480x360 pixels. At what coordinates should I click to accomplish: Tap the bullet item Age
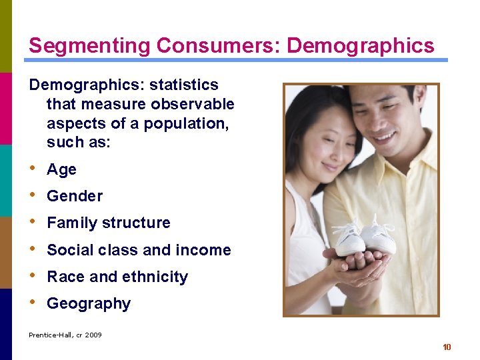point(61,170)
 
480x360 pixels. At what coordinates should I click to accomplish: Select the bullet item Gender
point(75,197)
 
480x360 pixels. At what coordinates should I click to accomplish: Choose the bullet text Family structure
point(109,223)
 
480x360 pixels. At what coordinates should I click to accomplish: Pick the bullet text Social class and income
point(139,251)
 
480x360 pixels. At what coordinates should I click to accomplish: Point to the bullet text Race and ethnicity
point(117,277)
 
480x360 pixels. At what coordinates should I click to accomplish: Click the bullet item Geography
point(89,304)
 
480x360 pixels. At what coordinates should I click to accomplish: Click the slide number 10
point(447,347)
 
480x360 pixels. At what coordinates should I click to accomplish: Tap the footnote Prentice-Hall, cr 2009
point(65,335)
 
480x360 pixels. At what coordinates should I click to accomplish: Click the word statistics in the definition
point(184,85)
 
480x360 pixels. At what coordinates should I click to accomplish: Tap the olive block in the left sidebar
point(6,36)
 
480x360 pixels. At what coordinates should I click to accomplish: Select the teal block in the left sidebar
point(6,180)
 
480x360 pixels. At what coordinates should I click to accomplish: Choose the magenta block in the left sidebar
point(6,108)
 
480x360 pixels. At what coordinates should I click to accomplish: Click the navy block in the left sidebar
point(6,324)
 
